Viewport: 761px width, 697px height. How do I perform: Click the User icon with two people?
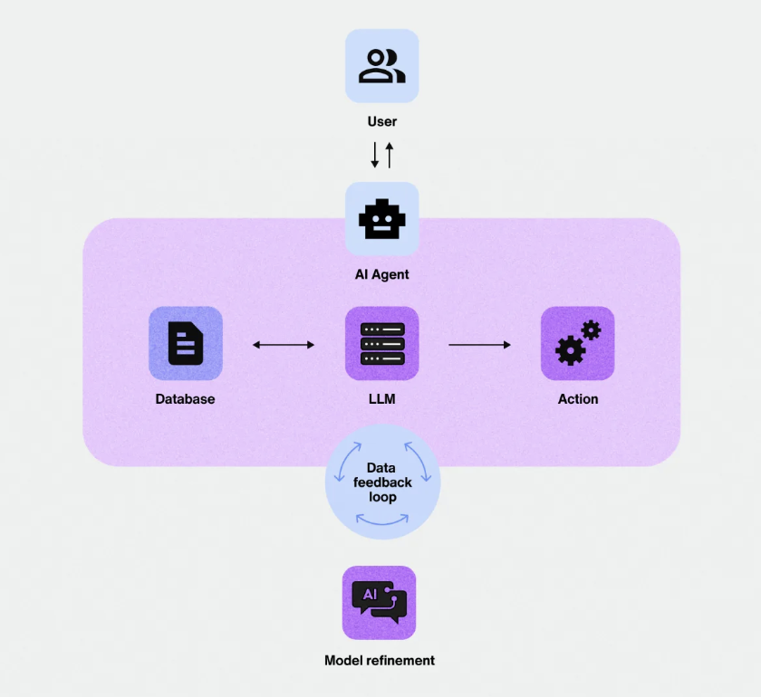coord(381,65)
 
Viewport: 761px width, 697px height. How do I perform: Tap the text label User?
coord(381,121)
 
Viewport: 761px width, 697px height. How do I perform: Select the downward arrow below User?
coord(374,155)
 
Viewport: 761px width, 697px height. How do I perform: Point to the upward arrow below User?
coord(390,154)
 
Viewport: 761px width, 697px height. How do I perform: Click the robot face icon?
coord(381,219)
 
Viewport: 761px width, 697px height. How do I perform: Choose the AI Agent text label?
coord(381,274)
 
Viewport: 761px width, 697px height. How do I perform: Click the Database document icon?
coord(186,343)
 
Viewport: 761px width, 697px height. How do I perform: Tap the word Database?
coord(185,398)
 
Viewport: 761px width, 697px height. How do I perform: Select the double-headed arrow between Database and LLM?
coord(284,344)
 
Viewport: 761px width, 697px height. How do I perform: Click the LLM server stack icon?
coord(381,343)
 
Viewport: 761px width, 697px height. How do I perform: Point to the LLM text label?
coord(381,398)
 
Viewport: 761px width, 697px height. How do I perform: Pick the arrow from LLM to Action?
coord(479,344)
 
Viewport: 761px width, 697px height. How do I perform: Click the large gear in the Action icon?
coord(570,349)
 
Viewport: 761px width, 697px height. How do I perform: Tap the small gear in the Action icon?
coord(592,329)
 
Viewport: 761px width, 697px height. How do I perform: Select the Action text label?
coord(578,398)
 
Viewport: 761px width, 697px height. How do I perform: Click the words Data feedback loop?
coord(382,482)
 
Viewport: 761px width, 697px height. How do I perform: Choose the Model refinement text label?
coord(380,660)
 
